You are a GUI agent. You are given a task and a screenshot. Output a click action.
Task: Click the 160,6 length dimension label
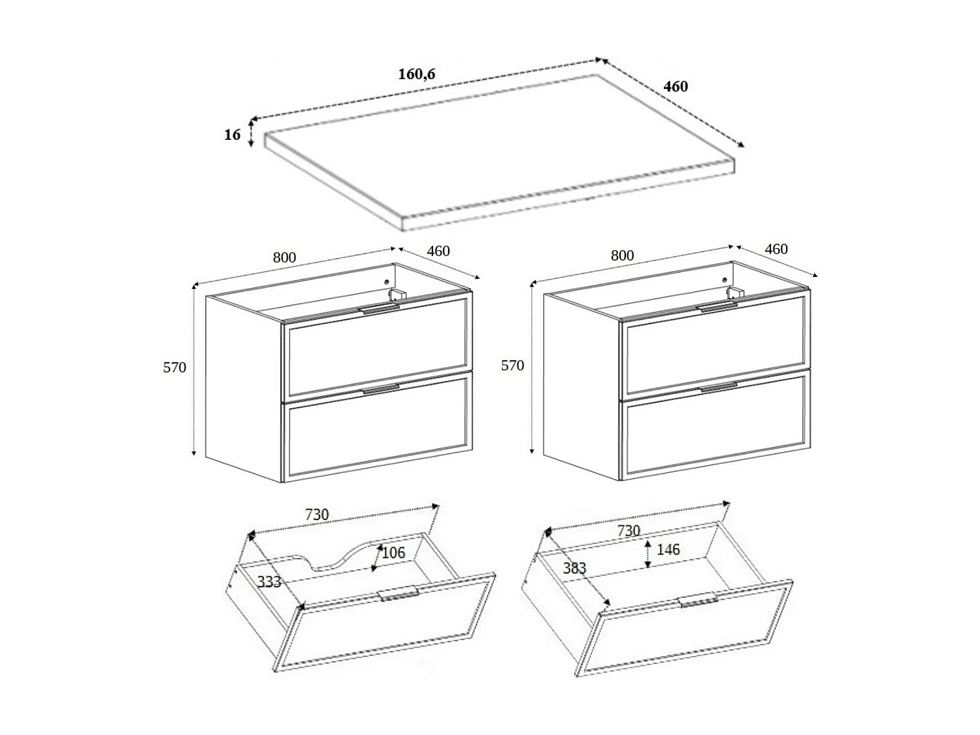417,74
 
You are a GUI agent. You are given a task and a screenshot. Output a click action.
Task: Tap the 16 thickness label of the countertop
233,135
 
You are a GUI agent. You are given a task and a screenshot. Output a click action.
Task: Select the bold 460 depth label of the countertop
676,86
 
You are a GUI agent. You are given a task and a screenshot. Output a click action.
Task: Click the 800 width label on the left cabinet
284,257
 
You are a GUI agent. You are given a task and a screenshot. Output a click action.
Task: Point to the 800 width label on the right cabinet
622,255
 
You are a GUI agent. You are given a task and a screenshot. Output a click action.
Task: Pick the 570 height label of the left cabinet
174,368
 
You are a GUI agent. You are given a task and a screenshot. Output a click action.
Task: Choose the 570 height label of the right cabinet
512,366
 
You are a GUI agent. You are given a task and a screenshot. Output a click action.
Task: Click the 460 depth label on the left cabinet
438,251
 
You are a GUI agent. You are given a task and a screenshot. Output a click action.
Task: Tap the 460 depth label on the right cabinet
776,249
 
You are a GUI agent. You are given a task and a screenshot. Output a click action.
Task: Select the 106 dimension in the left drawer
393,553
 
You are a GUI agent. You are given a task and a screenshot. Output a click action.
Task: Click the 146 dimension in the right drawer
668,550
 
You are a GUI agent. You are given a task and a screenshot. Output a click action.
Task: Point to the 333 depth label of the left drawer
269,581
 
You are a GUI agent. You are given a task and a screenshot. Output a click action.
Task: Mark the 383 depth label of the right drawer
574,568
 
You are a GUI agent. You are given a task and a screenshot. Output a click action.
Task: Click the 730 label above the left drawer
317,515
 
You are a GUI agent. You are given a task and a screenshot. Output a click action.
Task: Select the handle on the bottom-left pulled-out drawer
398,593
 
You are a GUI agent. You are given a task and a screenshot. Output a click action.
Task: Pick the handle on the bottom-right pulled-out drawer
698,601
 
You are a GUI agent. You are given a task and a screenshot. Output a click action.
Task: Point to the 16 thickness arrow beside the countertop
251,135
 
